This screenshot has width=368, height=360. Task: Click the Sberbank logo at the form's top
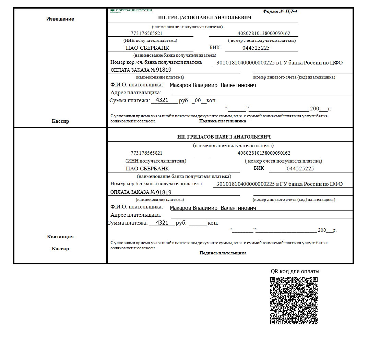(131, 11)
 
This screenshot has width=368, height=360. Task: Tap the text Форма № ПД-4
(280, 11)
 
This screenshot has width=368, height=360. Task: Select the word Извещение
(60, 19)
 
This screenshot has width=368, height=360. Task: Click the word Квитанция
(60, 237)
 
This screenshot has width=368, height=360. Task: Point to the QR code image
(294, 301)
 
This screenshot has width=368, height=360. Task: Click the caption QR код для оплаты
(295, 271)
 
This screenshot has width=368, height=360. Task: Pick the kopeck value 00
(198, 100)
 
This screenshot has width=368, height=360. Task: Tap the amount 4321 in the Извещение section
(162, 100)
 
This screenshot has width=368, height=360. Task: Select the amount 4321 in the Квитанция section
(162, 223)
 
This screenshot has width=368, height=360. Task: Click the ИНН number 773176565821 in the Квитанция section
(146, 153)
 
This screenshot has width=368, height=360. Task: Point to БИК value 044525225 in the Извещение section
(256, 48)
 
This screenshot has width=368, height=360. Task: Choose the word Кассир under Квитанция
(60, 249)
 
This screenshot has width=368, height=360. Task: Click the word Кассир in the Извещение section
(60, 121)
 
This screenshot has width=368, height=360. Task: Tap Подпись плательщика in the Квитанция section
(223, 253)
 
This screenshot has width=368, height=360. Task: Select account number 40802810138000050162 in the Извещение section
(264, 34)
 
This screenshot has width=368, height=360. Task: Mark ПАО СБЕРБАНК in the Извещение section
(147, 48)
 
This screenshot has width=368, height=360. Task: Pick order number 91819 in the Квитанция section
(164, 192)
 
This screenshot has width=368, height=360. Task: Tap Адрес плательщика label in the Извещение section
(136, 93)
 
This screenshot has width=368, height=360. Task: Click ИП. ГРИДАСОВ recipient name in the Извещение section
(205, 18)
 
